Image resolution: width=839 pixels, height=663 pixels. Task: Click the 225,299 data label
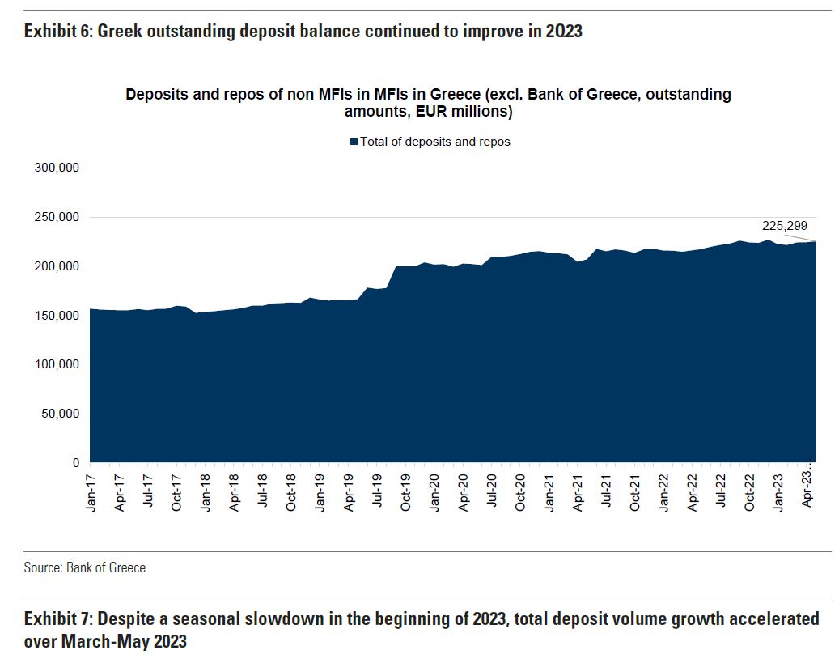[784, 226]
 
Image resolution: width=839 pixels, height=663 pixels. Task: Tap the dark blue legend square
[354, 142]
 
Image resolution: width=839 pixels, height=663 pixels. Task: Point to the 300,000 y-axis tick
[57, 168]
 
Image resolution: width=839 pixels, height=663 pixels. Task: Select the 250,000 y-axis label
[57, 217]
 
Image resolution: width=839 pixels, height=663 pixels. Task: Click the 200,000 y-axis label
[57, 266]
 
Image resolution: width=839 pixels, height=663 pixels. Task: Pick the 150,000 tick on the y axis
[57, 315]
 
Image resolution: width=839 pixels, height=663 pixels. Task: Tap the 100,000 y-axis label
[57, 364]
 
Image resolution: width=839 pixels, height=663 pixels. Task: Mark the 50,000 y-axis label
[60, 414]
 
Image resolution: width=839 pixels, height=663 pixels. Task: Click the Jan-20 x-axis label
[434, 488]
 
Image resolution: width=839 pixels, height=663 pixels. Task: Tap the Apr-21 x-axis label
[578, 488]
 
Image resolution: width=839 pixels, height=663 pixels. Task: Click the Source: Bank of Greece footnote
[85, 567]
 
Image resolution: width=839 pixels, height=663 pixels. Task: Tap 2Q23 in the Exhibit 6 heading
[560, 32]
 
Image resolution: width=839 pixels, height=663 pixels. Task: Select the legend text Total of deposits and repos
[435, 142]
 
